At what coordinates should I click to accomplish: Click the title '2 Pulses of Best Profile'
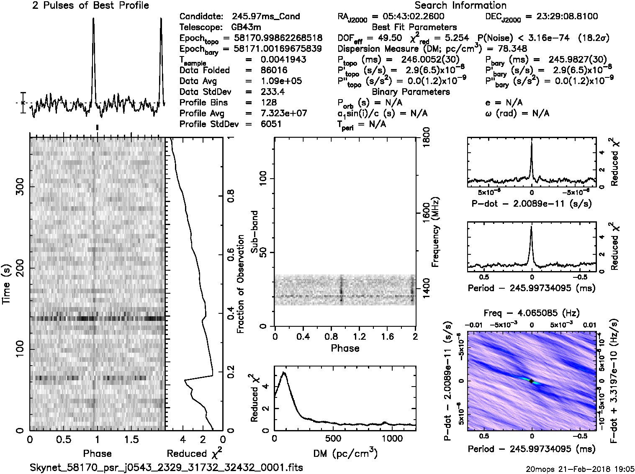point(90,5)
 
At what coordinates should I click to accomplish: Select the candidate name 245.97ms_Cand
point(266,17)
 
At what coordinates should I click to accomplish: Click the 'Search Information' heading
point(460,5)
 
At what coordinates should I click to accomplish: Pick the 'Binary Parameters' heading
point(411,92)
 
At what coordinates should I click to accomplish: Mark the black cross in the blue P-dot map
point(531,381)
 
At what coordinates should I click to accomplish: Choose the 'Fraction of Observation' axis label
point(240,284)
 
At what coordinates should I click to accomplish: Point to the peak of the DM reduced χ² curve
point(284,372)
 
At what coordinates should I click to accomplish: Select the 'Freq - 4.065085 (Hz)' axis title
point(532,313)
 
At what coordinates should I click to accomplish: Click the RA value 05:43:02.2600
point(409,17)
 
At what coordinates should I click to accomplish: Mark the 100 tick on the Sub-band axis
point(265,179)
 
